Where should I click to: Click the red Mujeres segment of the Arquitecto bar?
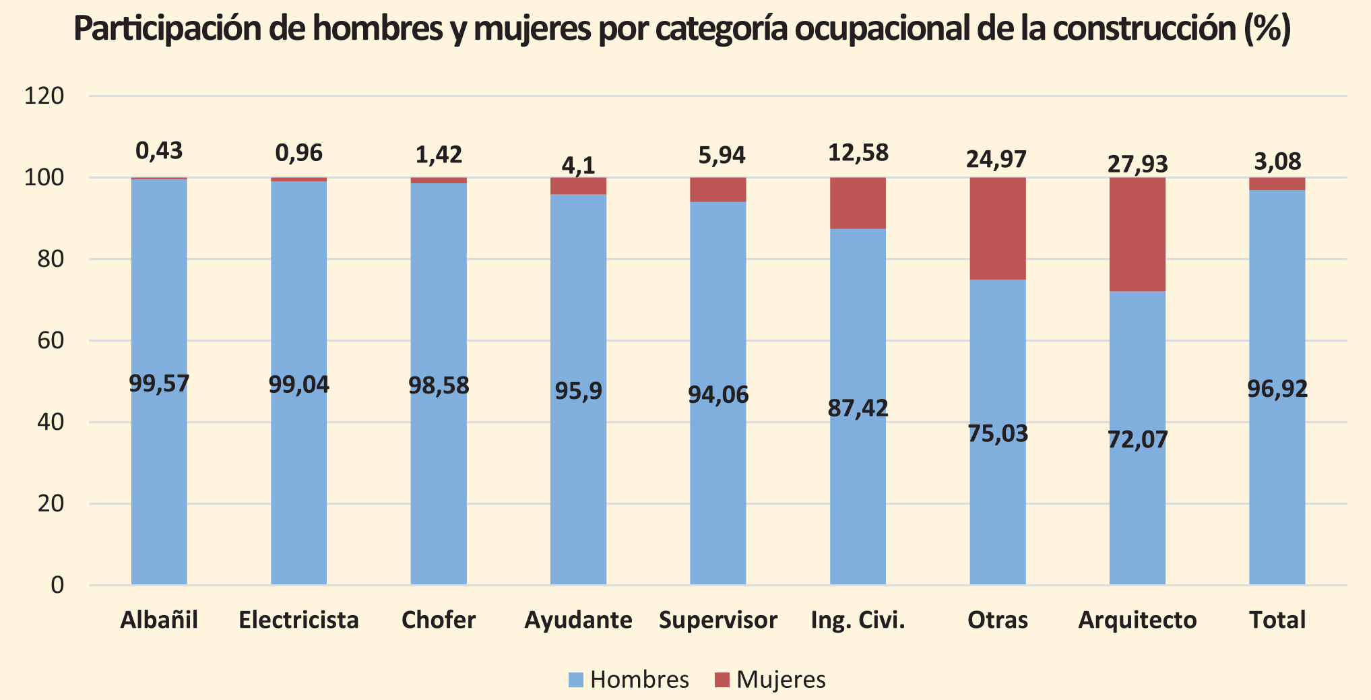pyautogui.click(x=1137, y=234)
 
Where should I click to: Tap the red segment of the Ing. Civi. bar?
pyautogui.click(x=858, y=203)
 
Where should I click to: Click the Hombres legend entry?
pyautogui.click(x=628, y=680)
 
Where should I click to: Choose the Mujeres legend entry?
pyautogui.click(x=770, y=680)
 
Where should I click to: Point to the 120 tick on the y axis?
pyautogui.click(x=44, y=96)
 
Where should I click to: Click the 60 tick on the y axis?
pyautogui.click(x=51, y=341)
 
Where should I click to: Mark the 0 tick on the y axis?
pyautogui.click(x=57, y=585)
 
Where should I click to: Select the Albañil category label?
pyautogui.click(x=159, y=620)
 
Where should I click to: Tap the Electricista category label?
pyautogui.click(x=298, y=620)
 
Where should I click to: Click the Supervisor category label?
pyautogui.click(x=718, y=620)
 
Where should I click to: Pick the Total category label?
pyautogui.click(x=1277, y=620)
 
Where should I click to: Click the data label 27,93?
pyautogui.click(x=1138, y=164)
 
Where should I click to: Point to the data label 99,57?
pyautogui.click(x=159, y=384)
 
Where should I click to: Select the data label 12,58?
pyautogui.click(x=858, y=153)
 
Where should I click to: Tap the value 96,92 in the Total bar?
pyautogui.click(x=1277, y=389)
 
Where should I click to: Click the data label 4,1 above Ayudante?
pyautogui.click(x=578, y=166)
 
